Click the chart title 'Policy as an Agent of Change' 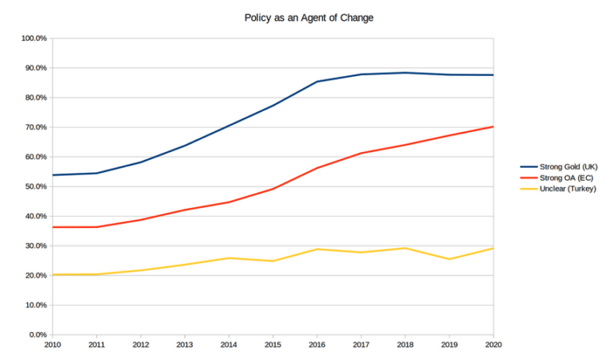click(x=308, y=17)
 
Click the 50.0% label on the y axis click(x=34, y=186)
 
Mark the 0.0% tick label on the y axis click(x=37, y=334)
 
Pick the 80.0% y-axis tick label click(x=34, y=98)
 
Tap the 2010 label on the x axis click(x=53, y=346)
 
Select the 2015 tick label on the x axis click(x=273, y=346)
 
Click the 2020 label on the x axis click(x=492, y=346)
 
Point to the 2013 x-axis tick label click(x=185, y=346)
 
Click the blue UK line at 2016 click(x=317, y=82)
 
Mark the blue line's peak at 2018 click(x=405, y=73)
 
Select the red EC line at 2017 click(x=361, y=153)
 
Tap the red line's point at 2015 click(x=273, y=189)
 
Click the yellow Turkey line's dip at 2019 click(x=449, y=259)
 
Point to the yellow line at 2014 click(x=229, y=258)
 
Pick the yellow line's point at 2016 click(x=317, y=249)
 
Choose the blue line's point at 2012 click(x=141, y=162)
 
